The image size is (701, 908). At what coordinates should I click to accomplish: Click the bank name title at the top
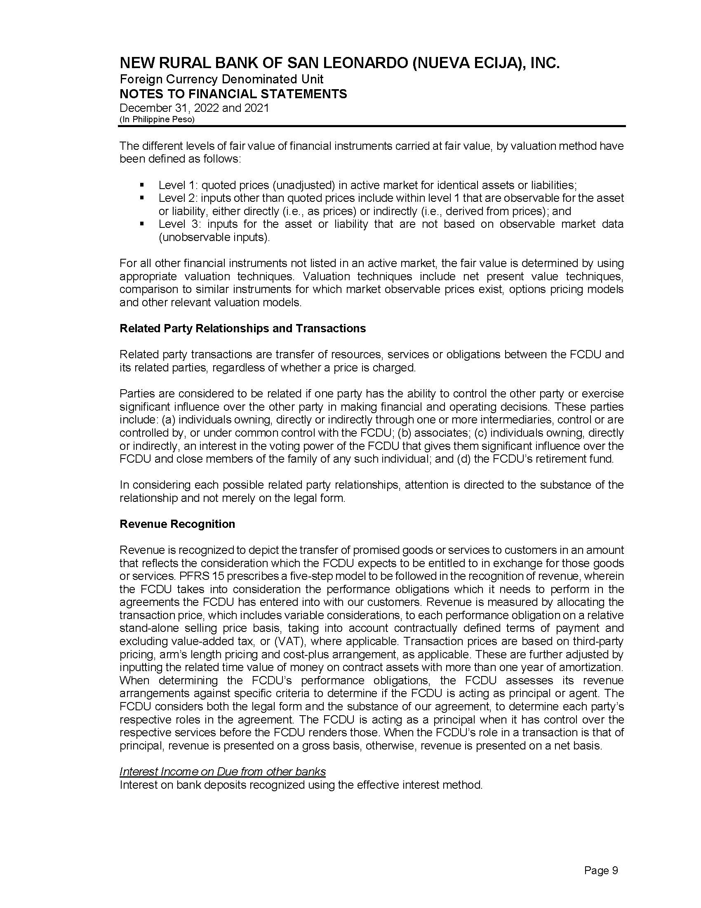[339, 64]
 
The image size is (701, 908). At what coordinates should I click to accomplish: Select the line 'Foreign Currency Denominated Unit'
[221, 79]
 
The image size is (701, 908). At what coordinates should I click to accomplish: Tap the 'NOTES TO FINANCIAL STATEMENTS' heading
[233, 94]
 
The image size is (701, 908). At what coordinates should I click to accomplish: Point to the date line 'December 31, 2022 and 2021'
[194, 108]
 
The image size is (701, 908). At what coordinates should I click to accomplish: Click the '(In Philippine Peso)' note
[157, 119]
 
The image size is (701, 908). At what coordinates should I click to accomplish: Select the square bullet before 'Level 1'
[142, 184]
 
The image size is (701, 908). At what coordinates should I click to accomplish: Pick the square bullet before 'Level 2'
[142, 198]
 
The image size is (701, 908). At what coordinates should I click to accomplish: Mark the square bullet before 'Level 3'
[142, 224]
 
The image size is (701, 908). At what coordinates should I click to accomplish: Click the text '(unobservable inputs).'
[214, 237]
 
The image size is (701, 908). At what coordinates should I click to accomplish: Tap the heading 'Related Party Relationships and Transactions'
[242, 329]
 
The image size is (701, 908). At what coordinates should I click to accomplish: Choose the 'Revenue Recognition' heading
[177, 524]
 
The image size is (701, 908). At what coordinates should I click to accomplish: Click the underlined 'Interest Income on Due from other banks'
[222, 772]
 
